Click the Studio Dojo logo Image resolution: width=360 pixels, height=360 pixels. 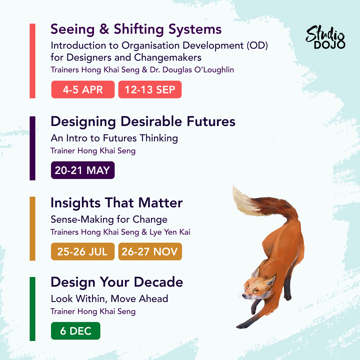(326, 37)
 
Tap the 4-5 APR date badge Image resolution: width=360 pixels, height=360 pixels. (83, 90)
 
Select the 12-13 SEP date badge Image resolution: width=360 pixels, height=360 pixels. (150, 90)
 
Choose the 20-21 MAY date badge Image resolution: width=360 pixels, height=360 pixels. (83, 170)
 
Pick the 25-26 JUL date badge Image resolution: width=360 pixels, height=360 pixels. (83, 251)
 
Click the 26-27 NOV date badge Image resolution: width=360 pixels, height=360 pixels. (150, 251)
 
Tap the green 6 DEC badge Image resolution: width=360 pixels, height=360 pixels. (76, 331)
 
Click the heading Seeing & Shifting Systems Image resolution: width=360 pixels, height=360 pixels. (136, 29)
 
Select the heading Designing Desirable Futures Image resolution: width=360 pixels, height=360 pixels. (143, 122)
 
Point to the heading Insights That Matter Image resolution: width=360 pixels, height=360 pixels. (117, 203)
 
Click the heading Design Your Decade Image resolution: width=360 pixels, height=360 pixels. (117, 282)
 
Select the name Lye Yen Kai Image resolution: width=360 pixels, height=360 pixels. (170, 232)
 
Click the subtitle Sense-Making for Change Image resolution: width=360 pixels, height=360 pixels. (109, 220)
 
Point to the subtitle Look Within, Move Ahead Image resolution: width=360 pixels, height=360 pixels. (110, 299)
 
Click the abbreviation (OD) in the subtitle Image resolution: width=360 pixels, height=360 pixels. (257, 45)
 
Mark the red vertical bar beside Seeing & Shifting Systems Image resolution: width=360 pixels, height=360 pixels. (33, 61)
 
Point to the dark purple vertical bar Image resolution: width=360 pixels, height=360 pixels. (33, 148)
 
